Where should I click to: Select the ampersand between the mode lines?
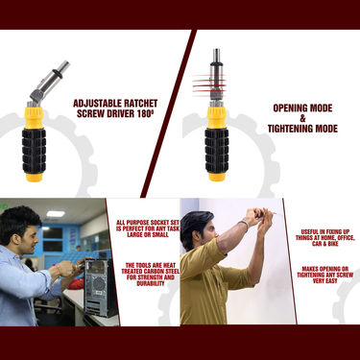click(302, 118)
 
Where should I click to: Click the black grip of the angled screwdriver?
click(34, 151)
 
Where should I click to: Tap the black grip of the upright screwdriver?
click(217, 151)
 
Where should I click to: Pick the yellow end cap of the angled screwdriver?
click(34, 178)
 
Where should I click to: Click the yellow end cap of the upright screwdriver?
click(217, 178)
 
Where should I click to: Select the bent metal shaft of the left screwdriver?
click(48, 84)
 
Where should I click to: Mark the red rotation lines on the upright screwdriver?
click(209, 85)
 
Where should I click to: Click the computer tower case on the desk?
click(99, 287)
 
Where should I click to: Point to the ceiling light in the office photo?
click(56, 214)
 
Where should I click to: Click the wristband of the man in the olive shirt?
click(245, 225)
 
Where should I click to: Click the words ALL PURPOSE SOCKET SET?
click(148, 223)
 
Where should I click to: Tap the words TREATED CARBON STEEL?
click(151, 272)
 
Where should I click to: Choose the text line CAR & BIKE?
click(324, 244)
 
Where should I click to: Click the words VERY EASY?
click(324, 281)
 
